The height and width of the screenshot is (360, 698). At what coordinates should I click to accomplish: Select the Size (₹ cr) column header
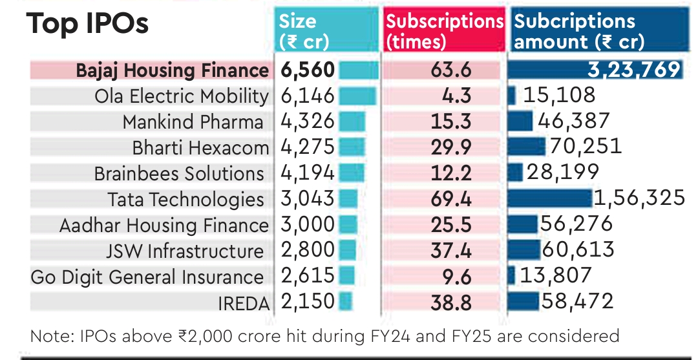[x=304, y=31]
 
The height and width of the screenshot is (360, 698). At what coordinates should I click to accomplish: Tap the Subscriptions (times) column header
[x=444, y=31]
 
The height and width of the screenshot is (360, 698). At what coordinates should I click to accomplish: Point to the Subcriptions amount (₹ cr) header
[x=580, y=31]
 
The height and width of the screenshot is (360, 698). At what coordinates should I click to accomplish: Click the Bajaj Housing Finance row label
[x=172, y=70]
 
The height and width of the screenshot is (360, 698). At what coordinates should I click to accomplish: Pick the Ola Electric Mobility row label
[x=181, y=96]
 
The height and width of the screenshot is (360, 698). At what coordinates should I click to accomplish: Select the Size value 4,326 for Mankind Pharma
[x=308, y=122]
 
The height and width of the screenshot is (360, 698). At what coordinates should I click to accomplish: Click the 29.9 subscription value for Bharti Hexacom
[x=450, y=148]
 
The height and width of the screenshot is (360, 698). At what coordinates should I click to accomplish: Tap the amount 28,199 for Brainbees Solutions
[x=563, y=173]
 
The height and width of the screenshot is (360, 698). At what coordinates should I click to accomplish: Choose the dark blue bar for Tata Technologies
[x=550, y=198]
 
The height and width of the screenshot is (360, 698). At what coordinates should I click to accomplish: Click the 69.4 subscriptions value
[x=450, y=199]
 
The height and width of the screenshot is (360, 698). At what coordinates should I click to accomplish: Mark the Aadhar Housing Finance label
[x=164, y=226]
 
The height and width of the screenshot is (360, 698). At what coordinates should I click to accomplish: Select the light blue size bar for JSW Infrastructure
[x=347, y=251]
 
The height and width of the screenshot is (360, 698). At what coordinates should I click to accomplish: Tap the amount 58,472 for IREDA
[x=577, y=301]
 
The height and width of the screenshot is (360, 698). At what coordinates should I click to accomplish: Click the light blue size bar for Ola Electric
[x=357, y=96]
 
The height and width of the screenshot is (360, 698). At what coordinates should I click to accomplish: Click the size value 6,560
[x=308, y=70]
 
